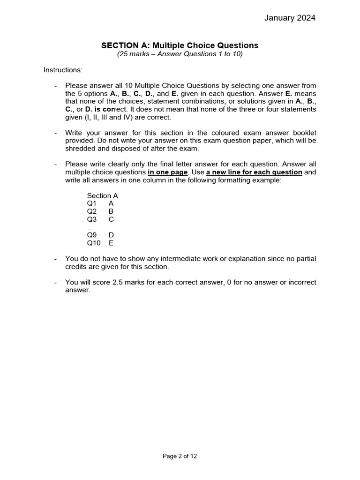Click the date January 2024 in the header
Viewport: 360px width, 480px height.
(x=290, y=18)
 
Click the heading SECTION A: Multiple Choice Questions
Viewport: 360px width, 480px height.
(x=180, y=45)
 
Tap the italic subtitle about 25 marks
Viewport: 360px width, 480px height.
(x=180, y=54)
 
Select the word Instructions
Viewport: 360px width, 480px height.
(x=63, y=70)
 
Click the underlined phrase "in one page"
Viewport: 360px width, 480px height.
(x=168, y=172)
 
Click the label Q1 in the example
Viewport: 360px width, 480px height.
(x=91, y=203)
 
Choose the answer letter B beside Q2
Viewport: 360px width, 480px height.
(x=111, y=211)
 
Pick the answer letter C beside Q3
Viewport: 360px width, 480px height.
(x=111, y=219)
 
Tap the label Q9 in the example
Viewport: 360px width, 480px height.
(x=91, y=235)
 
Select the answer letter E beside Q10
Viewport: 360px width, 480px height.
(x=111, y=243)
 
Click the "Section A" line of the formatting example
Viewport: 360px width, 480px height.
(x=102, y=195)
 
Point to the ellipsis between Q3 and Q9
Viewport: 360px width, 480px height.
(x=91, y=227)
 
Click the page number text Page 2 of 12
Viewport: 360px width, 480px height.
(x=180, y=456)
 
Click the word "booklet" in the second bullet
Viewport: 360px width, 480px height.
(x=303, y=133)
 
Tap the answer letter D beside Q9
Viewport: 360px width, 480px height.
(x=111, y=235)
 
